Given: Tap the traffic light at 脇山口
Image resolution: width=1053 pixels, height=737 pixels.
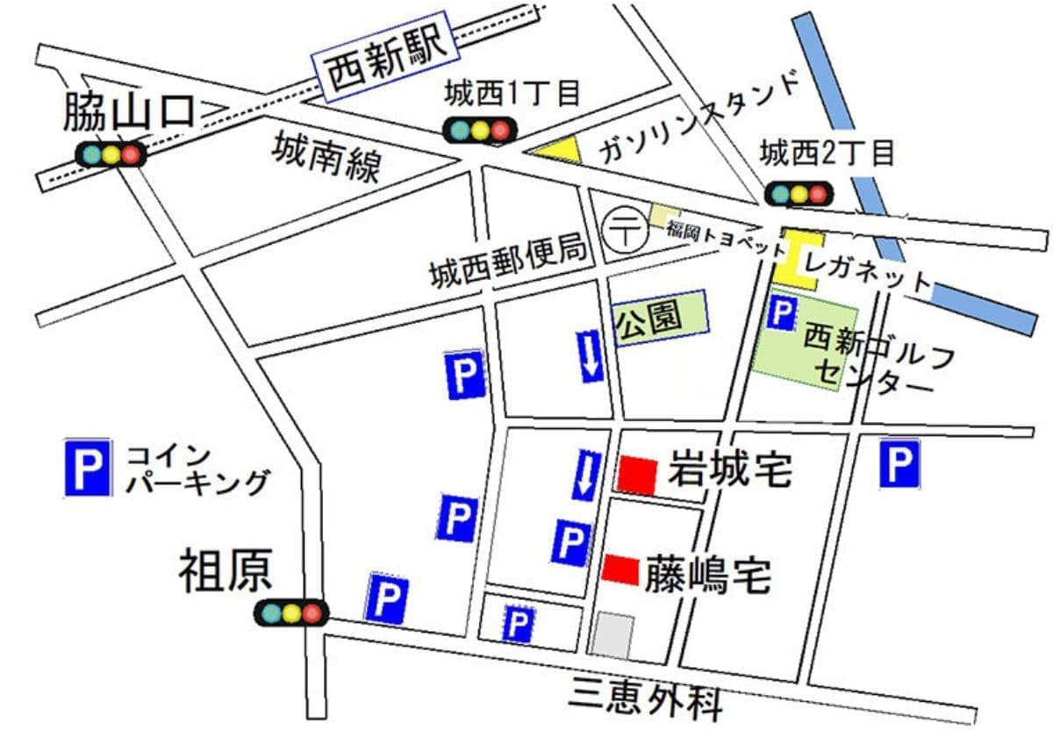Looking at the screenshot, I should coord(110,154).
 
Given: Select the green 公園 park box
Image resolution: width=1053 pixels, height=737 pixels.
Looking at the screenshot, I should coord(660,318).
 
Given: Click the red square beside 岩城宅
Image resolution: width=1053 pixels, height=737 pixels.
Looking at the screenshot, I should coord(637,475).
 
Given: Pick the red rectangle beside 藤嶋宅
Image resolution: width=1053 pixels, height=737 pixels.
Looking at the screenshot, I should coord(620,569).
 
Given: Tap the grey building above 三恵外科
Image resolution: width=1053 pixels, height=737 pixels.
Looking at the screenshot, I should coord(612,634).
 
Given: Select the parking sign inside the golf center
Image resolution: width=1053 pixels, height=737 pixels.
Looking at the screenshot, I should coord(782,312).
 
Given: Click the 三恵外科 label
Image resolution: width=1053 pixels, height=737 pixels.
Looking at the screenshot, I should coord(646,697).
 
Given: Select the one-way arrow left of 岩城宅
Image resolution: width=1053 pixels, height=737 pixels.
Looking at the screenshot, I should coord(584,475).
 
